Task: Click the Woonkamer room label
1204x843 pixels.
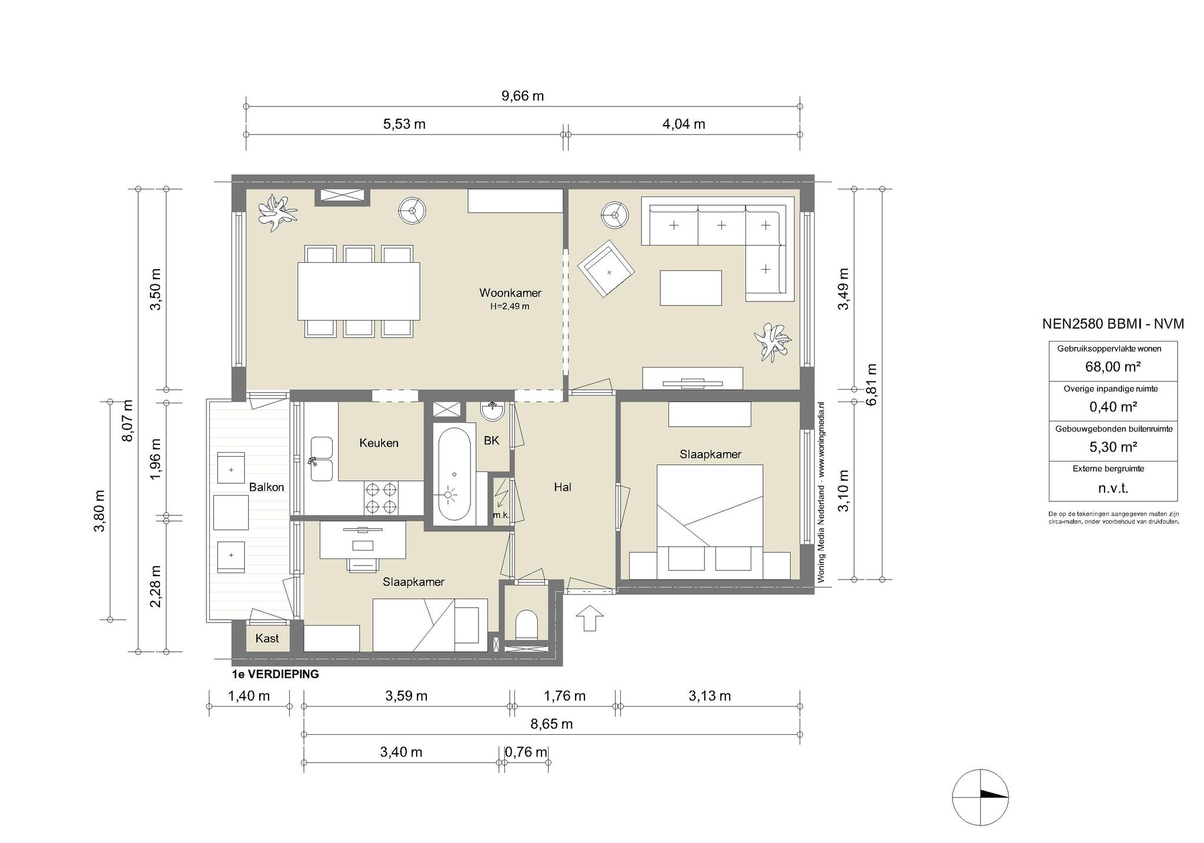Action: (x=510, y=293)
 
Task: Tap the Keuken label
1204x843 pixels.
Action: (x=379, y=443)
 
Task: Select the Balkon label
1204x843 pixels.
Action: (x=266, y=487)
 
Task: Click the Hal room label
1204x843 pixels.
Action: (x=563, y=487)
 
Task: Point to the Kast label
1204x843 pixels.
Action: (x=267, y=638)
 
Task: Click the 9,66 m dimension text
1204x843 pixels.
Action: (x=523, y=96)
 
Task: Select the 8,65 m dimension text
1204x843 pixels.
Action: (x=551, y=724)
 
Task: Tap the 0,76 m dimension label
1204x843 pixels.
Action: (x=526, y=752)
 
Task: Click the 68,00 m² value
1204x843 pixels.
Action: (x=1113, y=367)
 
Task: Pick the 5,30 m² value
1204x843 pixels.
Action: (x=1113, y=447)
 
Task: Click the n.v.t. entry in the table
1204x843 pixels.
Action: (x=1113, y=488)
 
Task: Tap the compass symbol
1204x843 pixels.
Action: (x=981, y=797)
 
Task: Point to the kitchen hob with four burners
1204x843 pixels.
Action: (x=381, y=498)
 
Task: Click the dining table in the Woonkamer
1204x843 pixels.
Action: (x=359, y=290)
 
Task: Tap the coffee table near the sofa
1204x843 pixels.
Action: (x=690, y=287)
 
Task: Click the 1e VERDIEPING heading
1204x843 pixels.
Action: (x=276, y=674)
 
